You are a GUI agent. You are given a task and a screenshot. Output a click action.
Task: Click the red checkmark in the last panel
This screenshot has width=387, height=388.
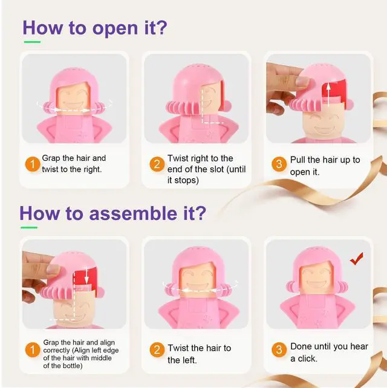(x=357, y=259)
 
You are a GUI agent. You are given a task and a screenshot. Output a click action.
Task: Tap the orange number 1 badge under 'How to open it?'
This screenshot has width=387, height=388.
(x=33, y=164)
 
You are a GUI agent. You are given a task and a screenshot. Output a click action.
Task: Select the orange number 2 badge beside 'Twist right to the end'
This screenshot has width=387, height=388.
(x=157, y=164)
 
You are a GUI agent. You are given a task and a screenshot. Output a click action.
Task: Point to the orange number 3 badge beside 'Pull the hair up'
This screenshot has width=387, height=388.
(x=279, y=164)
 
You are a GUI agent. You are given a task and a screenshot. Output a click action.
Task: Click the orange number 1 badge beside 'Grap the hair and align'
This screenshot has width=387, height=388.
(x=33, y=350)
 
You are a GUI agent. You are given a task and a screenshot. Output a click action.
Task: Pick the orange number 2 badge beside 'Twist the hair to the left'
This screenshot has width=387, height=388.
(x=157, y=350)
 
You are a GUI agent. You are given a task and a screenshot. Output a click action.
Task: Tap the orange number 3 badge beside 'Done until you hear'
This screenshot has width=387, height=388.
(x=279, y=350)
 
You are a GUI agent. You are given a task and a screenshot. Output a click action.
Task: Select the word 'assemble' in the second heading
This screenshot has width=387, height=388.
(x=132, y=213)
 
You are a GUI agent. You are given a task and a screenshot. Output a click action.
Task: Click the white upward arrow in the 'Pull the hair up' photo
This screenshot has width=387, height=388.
(x=328, y=95)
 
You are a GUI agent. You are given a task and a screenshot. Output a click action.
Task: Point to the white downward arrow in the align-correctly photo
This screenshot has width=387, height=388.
(x=86, y=274)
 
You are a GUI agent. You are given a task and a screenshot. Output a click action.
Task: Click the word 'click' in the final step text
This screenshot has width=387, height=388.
(x=307, y=358)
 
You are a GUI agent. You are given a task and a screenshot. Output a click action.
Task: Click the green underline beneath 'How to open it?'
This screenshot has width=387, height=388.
(x=32, y=42)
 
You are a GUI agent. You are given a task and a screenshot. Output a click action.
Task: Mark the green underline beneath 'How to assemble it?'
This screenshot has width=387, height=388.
(x=29, y=228)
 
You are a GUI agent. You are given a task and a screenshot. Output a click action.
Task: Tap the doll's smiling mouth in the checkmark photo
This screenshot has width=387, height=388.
(x=316, y=283)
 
